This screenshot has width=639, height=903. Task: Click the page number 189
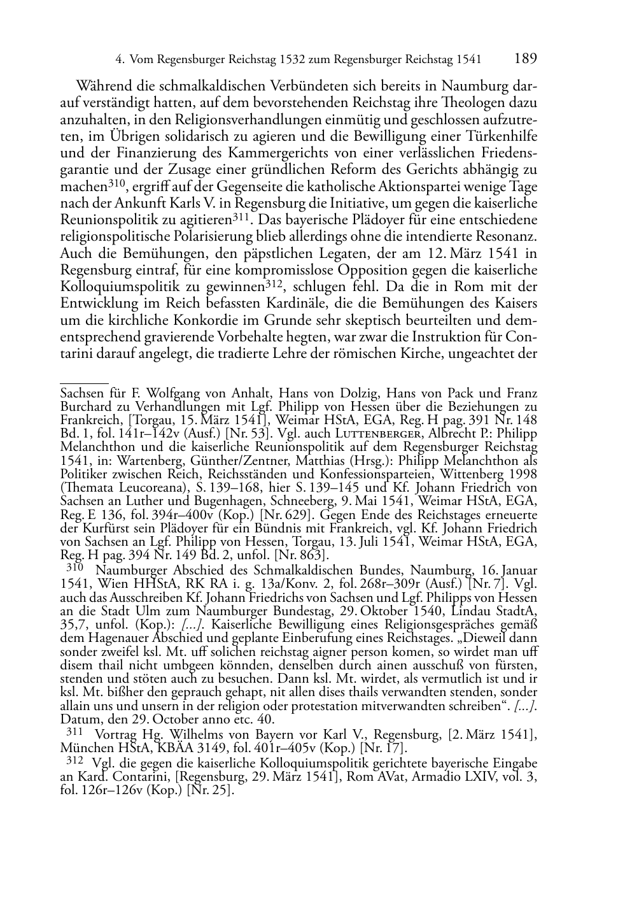pyautogui.click(x=525, y=59)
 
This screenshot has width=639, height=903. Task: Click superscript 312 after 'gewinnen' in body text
pyautogui.click(x=273, y=283)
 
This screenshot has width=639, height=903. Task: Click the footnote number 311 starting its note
pyautogui.click(x=75, y=733)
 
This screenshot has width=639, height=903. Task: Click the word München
pyautogui.click(x=82, y=748)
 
